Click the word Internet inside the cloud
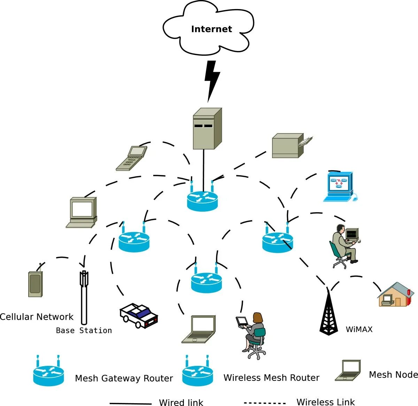211,29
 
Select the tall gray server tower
207,128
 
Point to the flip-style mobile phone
132,158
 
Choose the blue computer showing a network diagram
340,187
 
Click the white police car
139,316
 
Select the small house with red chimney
395,294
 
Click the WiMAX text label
359,330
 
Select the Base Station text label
84,330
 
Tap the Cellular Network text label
37,317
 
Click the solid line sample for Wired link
131,404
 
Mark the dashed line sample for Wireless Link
265,403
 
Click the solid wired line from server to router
203,170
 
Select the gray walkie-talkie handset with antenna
36,280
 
